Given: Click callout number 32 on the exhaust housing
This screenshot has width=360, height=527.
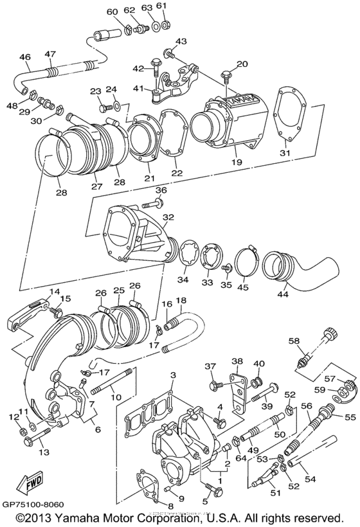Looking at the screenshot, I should (x=168, y=217).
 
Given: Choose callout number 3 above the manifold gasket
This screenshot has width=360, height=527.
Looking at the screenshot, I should (x=172, y=375).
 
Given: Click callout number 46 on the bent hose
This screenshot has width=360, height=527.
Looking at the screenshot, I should (x=24, y=57).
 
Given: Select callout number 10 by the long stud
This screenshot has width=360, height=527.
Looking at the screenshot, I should (x=116, y=398).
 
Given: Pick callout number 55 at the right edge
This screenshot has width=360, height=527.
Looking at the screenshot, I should (x=350, y=417).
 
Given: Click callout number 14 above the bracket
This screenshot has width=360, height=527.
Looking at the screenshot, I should (x=54, y=291).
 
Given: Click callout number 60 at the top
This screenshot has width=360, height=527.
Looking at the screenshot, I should (x=112, y=12).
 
